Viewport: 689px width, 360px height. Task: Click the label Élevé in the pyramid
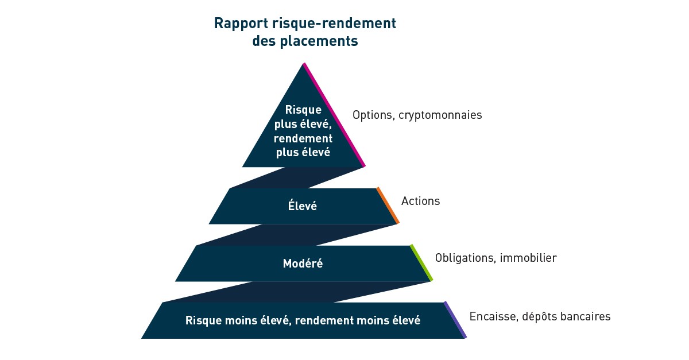[x=302, y=206]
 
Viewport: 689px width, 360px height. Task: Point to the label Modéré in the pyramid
[x=303, y=264]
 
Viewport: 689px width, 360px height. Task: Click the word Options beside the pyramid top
[x=371, y=115]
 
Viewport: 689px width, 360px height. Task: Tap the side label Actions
[x=420, y=201]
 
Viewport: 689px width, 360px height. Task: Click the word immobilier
[x=528, y=258]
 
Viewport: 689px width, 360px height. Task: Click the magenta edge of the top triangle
[x=334, y=115]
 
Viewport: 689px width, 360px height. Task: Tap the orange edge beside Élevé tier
[x=388, y=206]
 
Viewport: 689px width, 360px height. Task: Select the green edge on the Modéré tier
[x=421, y=263]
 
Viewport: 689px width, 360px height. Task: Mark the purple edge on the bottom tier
[x=455, y=320]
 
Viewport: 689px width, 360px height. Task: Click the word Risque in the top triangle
[x=303, y=110]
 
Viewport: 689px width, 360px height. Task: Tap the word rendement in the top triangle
[x=303, y=138]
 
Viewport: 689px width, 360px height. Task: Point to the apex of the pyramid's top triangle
[x=303, y=64]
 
